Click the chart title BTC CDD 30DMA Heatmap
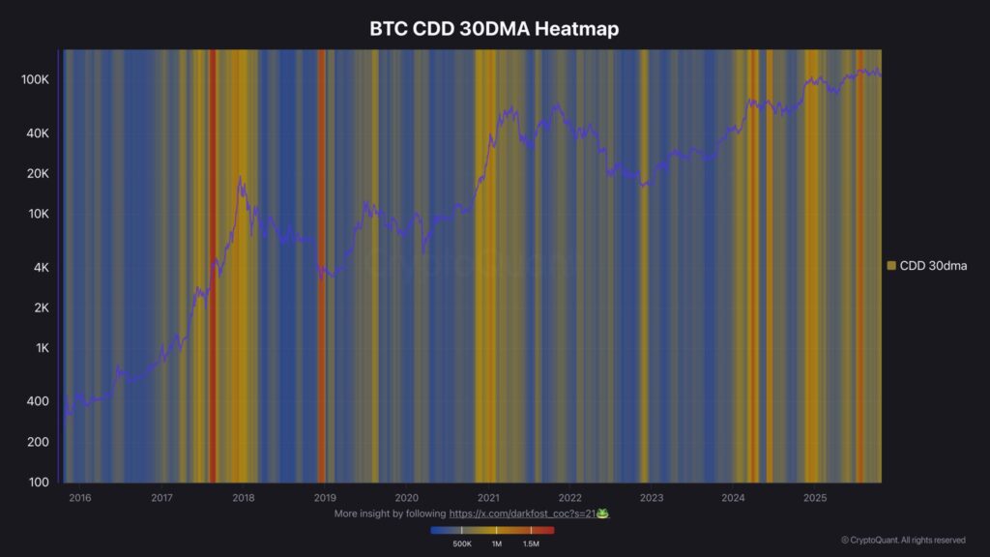click(x=494, y=29)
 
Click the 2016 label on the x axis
click(x=80, y=498)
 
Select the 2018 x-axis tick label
click(x=244, y=498)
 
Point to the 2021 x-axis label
click(x=488, y=498)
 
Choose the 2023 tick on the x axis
click(x=652, y=498)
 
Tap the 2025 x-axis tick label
click(x=815, y=498)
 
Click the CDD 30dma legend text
click(x=933, y=265)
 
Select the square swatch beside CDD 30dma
click(x=891, y=265)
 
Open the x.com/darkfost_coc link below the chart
click(x=521, y=513)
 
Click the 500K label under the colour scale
click(x=462, y=544)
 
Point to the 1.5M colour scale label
click(x=531, y=544)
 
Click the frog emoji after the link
click(x=602, y=513)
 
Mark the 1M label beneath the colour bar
click(x=496, y=544)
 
